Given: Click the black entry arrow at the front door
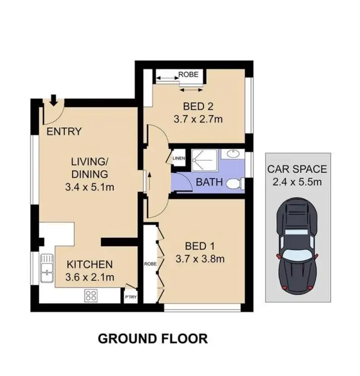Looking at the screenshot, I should click(53, 100).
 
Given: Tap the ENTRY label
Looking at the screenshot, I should click(64, 131).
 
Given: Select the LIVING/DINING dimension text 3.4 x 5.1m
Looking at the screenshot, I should click(89, 187).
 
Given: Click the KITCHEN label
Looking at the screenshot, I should click(89, 264).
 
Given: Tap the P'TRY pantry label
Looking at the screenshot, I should click(131, 297).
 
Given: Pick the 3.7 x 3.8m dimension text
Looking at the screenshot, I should click(201, 259).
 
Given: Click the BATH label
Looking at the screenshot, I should click(209, 182).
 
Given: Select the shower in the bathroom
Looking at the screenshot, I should click(205, 158).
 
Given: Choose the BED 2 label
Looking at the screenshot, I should click(197, 106).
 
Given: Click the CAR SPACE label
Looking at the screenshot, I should click(298, 169).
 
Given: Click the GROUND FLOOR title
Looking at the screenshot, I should click(153, 339).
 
